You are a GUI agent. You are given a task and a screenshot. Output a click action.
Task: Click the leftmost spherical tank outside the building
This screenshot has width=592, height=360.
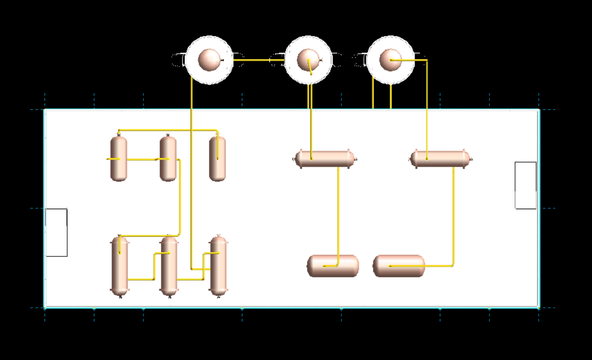point(209,60)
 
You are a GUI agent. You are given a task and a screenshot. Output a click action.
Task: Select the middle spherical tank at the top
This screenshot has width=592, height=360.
point(308,60)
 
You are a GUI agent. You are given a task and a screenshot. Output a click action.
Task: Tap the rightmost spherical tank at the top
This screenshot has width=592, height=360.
point(391,60)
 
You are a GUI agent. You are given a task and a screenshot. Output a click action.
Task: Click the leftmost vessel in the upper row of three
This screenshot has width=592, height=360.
point(118,158)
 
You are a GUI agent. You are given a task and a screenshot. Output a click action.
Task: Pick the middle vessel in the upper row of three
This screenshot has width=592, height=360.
point(168,158)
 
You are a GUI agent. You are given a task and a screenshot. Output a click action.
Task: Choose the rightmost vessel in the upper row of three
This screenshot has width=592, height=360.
point(217,158)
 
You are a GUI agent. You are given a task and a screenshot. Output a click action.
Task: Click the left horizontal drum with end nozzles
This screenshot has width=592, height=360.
point(324,159)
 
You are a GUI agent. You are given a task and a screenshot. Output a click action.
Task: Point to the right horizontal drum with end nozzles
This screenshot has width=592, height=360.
point(440,159)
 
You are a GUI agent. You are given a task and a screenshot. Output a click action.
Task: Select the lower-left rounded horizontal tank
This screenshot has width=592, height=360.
point(333,266)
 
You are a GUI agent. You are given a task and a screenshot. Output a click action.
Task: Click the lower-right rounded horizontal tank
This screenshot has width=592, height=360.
point(399,266)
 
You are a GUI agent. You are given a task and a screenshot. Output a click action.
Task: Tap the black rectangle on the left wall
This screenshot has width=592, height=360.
point(56,232)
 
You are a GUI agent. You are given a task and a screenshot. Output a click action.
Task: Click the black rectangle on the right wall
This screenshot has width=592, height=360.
point(525,185)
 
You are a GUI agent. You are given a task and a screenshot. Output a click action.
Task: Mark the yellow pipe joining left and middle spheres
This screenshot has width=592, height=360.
point(259,60)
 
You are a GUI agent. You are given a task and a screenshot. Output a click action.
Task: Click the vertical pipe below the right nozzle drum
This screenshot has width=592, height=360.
point(454,215)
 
